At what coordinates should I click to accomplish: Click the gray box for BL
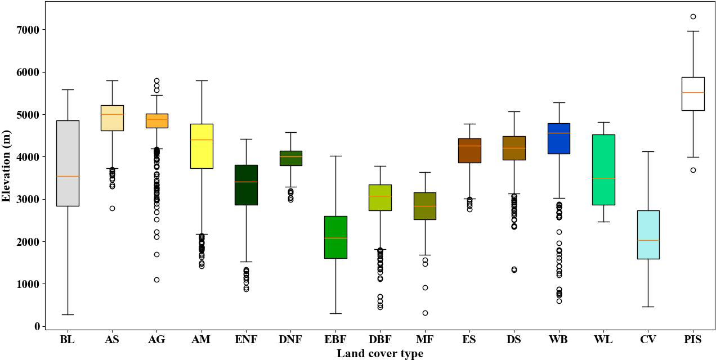click(68, 163)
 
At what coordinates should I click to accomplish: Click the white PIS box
click(693, 94)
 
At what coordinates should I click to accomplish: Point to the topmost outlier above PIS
click(693, 16)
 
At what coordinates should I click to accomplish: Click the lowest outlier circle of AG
click(157, 280)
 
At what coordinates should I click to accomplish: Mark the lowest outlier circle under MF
click(425, 313)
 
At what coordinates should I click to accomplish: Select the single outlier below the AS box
click(112, 208)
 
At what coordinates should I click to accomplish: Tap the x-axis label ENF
click(246, 340)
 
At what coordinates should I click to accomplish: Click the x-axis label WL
click(603, 340)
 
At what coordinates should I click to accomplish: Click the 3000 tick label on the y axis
click(29, 199)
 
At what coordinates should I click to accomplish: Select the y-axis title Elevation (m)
click(7, 164)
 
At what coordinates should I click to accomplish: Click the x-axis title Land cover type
click(380, 353)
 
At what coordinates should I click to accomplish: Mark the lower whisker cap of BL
click(68, 314)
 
